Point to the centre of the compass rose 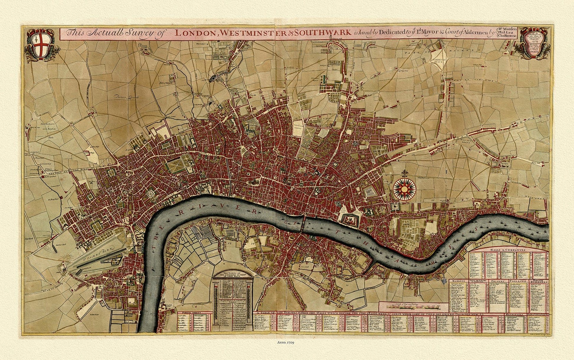(404, 187)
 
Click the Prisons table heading (498, 281)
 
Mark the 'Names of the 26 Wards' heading (233, 275)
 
